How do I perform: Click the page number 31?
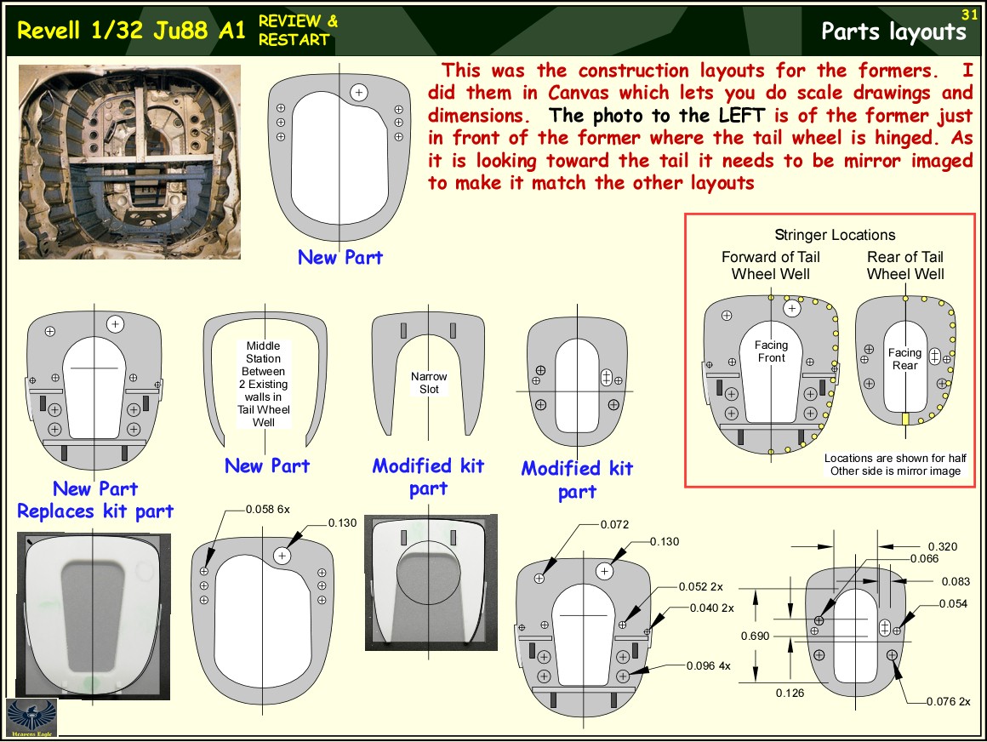[x=969, y=14]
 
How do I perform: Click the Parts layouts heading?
[x=893, y=31]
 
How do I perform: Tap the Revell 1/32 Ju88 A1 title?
[x=131, y=31]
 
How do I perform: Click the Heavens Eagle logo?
[x=31, y=718]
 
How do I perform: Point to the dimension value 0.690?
[x=756, y=636]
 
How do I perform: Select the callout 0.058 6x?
[x=269, y=509]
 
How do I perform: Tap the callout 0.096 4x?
[x=708, y=665]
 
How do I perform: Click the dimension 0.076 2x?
[x=951, y=702]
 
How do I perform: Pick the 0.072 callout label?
[x=614, y=524]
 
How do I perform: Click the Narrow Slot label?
[x=429, y=382]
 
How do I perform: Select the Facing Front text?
[x=772, y=351]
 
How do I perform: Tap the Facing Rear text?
[x=904, y=358]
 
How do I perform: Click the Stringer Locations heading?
[x=835, y=235]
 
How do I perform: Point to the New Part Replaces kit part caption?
[x=95, y=499]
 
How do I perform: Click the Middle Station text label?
[x=265, y=384]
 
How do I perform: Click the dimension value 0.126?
[x=790, y=693]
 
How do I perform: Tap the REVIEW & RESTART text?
[x=298, y=30]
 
